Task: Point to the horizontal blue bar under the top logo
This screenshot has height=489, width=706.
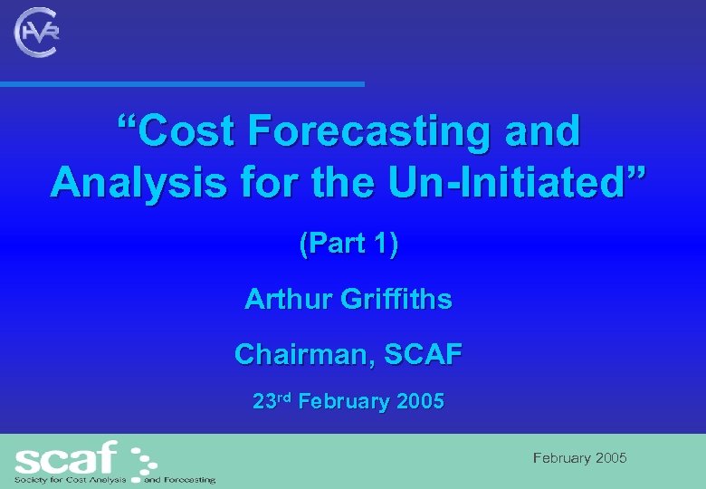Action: point(181,84)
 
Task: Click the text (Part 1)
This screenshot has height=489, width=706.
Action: point(348,244)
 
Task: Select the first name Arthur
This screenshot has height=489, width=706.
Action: point(288,299)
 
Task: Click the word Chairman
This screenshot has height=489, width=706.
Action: point(303,354)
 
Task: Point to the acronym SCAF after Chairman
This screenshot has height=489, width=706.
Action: point(423,354)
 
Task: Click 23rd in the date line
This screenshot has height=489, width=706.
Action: point(272,401)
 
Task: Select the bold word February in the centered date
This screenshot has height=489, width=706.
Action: point(343,402)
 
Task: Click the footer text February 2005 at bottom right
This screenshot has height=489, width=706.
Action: point(579,458)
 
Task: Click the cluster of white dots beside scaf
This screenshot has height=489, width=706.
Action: point(141,462)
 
